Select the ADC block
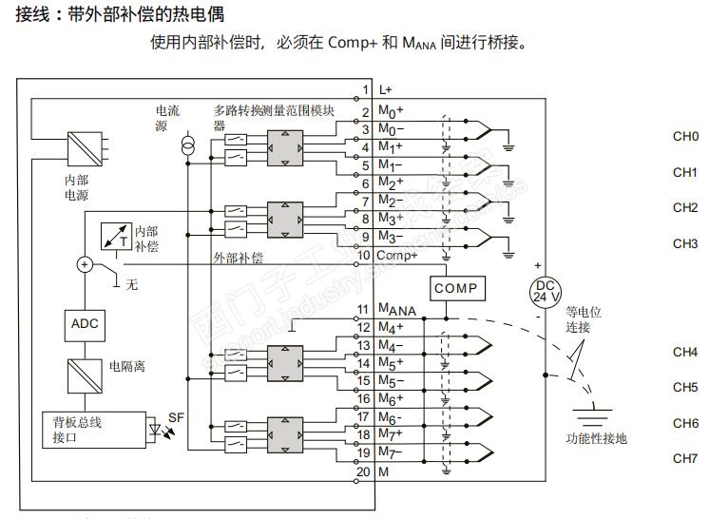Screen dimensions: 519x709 point(84,324)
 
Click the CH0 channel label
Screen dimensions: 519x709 point(685,137)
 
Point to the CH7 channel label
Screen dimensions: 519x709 point(685,458)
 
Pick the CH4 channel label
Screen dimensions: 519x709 point(685,352)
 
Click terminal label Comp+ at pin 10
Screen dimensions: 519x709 point(398,255)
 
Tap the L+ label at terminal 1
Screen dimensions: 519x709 point(386,89)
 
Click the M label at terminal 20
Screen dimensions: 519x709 point(383,471)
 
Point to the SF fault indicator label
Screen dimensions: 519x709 point(176,417)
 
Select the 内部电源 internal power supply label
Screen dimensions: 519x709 point(69,187)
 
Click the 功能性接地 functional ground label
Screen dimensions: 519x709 point(596,438)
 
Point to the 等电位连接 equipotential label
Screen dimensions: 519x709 point(584,318)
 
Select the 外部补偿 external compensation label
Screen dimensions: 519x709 point(239,258)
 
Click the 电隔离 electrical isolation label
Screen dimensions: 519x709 point(126,366)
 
